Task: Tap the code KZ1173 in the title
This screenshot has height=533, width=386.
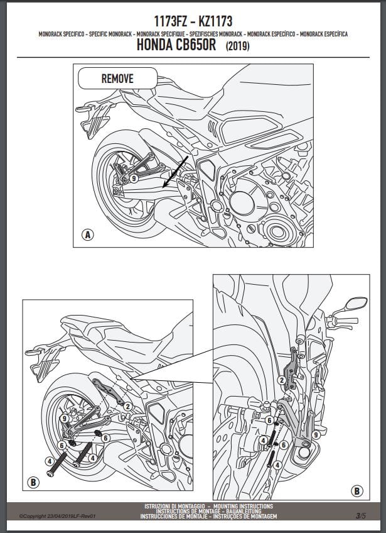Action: point(215,21)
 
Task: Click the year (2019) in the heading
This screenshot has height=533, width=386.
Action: point(236,47)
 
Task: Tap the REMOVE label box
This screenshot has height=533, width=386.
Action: point(117,79)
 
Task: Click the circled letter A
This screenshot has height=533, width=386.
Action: point(88,236)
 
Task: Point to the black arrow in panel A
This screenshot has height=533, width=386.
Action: point(174,170)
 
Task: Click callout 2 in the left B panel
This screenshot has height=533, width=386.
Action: point(127,407)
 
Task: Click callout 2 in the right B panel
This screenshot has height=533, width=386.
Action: point(282,380)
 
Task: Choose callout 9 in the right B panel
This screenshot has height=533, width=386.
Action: point(315,434)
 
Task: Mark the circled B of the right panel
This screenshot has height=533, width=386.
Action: point(357,491)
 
